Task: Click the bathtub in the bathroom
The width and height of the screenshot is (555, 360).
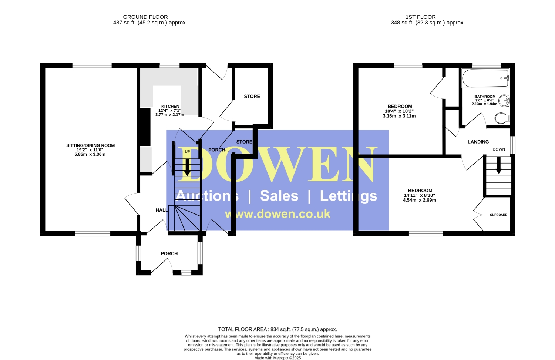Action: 485,78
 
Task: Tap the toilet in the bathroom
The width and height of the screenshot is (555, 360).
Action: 502,118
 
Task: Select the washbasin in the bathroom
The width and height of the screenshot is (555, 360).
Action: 504,101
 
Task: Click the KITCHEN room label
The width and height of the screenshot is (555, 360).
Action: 170,106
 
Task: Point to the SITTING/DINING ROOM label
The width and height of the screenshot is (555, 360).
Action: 90,145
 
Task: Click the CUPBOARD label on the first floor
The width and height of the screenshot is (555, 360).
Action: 498,215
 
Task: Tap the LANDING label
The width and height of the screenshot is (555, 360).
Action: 478,142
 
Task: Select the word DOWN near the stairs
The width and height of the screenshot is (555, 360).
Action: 498,149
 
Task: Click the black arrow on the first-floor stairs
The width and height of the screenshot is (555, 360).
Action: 498,165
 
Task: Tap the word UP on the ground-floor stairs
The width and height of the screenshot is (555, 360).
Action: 187,152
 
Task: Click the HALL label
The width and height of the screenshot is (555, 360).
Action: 162,210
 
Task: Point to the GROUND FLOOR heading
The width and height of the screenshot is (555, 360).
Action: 145,17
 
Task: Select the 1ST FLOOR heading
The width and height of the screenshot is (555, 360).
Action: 420,17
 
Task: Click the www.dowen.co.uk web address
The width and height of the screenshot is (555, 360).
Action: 277,214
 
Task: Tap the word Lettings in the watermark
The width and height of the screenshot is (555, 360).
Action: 349,196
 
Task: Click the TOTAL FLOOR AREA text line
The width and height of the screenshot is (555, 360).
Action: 277,329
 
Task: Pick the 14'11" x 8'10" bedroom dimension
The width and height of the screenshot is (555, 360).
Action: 420,195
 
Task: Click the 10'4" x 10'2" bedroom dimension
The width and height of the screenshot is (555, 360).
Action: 399,111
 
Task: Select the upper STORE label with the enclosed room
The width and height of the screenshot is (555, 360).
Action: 252,96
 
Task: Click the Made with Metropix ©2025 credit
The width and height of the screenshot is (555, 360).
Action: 277,358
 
